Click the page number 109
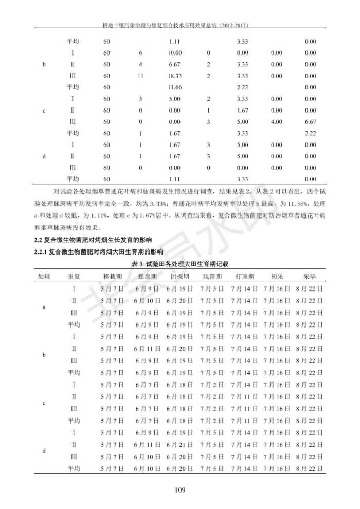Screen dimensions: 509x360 179,489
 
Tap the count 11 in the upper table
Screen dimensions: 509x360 140,76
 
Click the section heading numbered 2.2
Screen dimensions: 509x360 94,240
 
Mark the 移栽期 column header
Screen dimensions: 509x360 112,276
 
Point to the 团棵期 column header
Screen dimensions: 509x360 179,276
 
